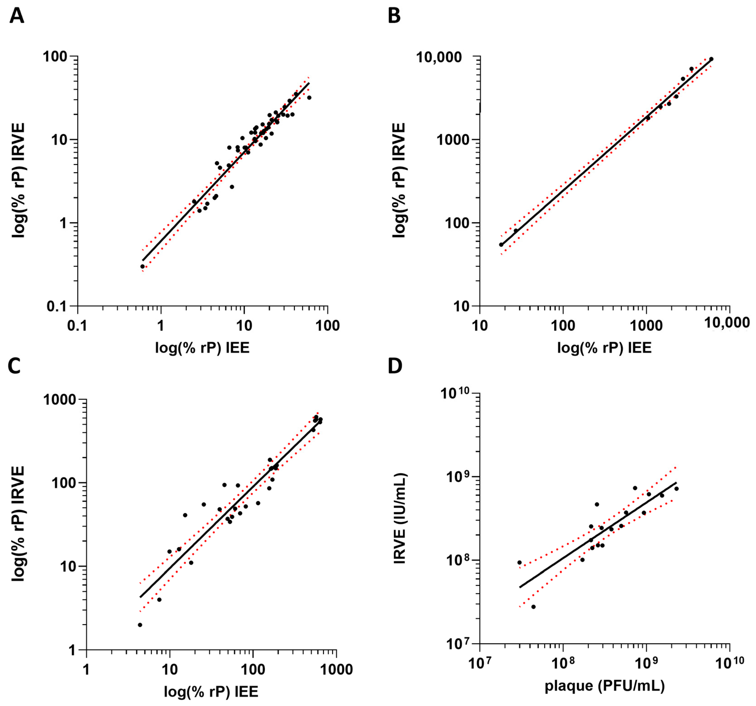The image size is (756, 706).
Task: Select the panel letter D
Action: pyautogui.click(x=395, y=366)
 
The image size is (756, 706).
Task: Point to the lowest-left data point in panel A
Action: pyautogui.click(x=143, y=266)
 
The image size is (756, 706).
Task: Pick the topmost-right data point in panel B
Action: pyautogui.click(x=711, y=59)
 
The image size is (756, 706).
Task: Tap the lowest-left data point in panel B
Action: pyautogui.click(x=501, y=245)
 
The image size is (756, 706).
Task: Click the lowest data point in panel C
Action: pyautogui.click(x=140, y=625)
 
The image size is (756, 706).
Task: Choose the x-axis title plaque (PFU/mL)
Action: pyautogui.click(x=605, y=686)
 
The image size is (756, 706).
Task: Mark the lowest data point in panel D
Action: pyautogui.click(x=533, y=607)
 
